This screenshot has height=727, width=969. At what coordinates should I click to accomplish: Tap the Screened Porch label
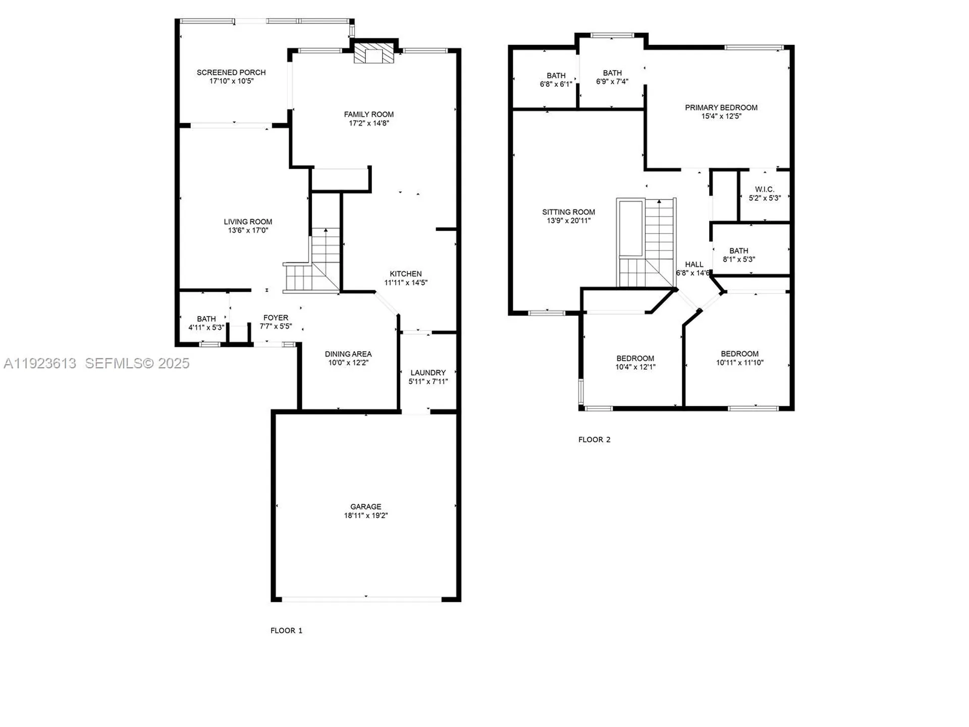point(231,73)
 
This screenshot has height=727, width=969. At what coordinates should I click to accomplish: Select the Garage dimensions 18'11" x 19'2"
point(366,515)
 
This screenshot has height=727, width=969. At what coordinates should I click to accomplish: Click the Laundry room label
point(428,373)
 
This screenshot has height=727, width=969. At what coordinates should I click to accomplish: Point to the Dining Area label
point(348,354)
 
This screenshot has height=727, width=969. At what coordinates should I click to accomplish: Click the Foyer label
point(276,318)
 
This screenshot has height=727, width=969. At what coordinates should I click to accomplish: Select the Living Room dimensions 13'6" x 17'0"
point(248,230)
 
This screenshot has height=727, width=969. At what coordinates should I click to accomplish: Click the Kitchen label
point(406,274)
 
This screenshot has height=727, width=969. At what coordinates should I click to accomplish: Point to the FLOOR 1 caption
point(286,631)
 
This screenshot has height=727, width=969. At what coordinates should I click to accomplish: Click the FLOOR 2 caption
point(594,440)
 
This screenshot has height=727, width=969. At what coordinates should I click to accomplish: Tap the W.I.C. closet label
point(765,189)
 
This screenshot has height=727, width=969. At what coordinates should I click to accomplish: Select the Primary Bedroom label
point(721,108)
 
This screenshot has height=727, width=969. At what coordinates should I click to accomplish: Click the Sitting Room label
point(568,212)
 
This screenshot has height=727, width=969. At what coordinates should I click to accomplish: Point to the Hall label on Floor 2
point(694,265)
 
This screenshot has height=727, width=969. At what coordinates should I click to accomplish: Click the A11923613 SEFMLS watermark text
point(96,363)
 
